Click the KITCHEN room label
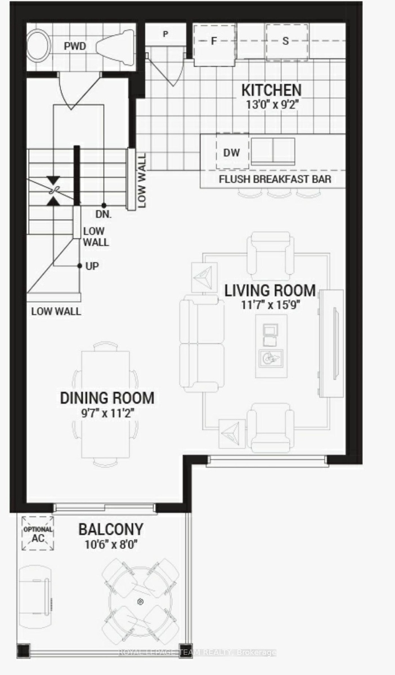[271, 90]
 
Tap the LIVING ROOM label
[270, 290]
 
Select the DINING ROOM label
[107, 398]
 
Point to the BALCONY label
[111, 529]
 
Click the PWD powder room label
[75, 46]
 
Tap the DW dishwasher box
[232, 151]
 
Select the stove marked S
[287, 42]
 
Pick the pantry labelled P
[165, 34]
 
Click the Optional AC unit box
[38, 533]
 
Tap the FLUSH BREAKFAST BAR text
[275, 179]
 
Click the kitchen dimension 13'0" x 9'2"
[272, 105]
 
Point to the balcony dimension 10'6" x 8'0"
[111, 544]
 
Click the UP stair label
[92, 266]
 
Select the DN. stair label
[104, 214]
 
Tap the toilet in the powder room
[115, 47]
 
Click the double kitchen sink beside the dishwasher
[273, 151]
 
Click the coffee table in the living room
[271, 346]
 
